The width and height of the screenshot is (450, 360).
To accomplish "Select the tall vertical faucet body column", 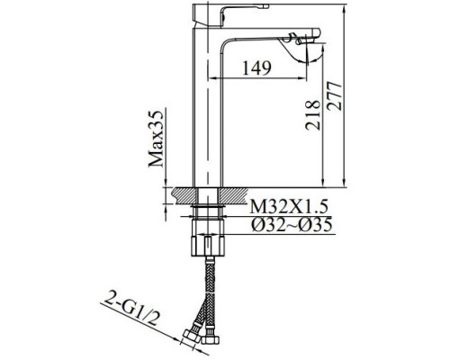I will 206,108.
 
